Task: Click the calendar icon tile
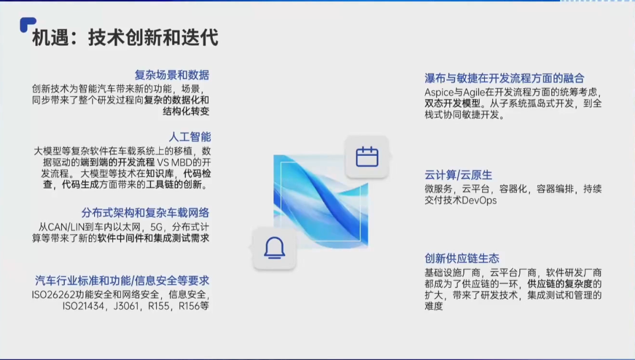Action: pyautogui.click(x=367, y=157)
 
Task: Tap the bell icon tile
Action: pyautogui.click(x=274, y=248)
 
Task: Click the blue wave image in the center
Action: pyautogui.click(x=320, y=200)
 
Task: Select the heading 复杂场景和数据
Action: pyautogui.click(x=172, y=75)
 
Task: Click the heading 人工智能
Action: pyautogui.click(x=189, y=137)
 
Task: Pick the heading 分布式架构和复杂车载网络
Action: pyautogui.click(x=145, y=213)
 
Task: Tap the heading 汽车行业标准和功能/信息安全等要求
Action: pyautogui.click(x=122, y=281)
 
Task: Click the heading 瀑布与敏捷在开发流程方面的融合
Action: pyautogui.click(x=504, y=78)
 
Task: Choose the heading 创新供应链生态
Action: pyautogui.click(x=462, y=258)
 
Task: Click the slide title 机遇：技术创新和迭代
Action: pyautogui.click(x=125, y=38)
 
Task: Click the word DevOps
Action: pyautogui.click(x=480, y=201)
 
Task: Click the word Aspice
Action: pyautogui.click(x=439, y=92)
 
